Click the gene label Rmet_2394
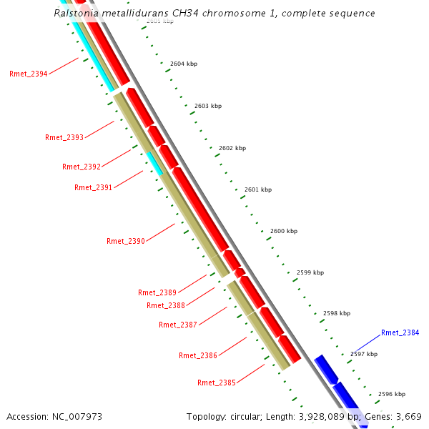(29, 74)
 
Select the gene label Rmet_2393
(64, 137)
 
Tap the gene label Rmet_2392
(82, 167)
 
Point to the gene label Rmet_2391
(94, 187)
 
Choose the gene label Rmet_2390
(126, 241)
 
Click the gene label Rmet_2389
(157, 292)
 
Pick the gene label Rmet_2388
(166, 305)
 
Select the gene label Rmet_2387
(178, 325)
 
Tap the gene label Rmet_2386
(198, 355)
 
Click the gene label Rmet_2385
(217, 383)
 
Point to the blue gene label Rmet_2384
(400, 332)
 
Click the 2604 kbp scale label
(184, 64)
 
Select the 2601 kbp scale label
(258, 189)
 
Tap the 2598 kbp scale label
(337, 313)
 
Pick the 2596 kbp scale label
(392, 394)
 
